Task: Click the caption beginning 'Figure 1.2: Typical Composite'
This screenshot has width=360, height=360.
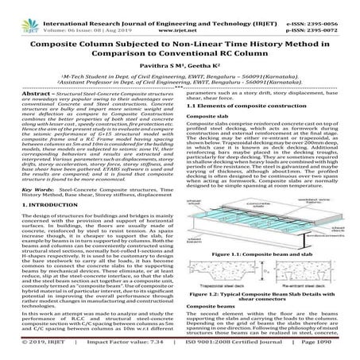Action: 267,292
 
